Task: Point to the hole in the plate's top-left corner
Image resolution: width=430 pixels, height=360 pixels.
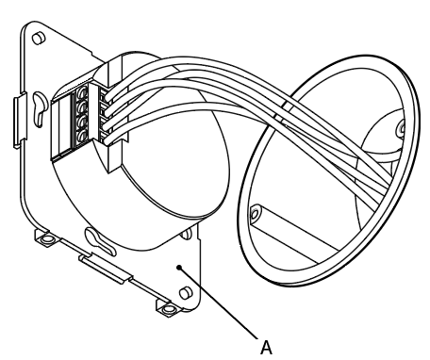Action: point(38,39)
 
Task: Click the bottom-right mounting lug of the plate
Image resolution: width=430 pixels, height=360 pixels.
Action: point(168,307)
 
